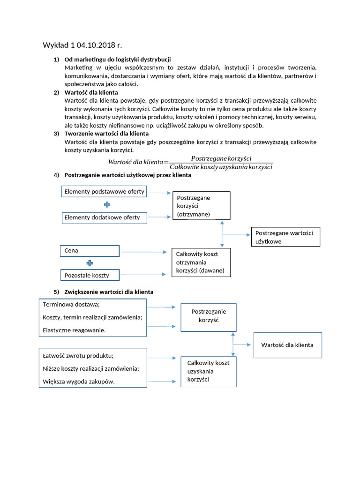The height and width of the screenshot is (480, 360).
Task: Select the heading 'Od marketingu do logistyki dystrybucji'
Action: [x=118, y=60]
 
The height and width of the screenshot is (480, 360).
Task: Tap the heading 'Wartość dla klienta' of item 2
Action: [x=91, y=93]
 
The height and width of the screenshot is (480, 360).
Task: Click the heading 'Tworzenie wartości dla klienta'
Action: [x=106, y=134]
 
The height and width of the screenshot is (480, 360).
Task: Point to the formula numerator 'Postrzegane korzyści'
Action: [x=221, y=158]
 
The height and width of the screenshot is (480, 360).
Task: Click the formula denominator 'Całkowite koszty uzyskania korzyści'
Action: [x=221, y=167]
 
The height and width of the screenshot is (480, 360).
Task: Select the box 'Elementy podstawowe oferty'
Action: [x=105, y=191]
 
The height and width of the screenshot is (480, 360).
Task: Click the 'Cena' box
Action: [x=90, y=251]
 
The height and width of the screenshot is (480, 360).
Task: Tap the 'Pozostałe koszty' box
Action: [x=90, y=275]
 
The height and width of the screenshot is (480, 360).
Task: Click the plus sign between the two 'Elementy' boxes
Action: [x=107, y=204]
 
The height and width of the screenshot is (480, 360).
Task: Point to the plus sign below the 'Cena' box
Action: [x=90, y=263]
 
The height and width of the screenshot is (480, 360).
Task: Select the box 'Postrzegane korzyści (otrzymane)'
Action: [x=202, y=206]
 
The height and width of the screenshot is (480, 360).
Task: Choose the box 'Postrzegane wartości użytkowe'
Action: [x=286, y=237]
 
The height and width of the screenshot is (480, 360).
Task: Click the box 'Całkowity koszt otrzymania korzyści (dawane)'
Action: [x=202, y=262]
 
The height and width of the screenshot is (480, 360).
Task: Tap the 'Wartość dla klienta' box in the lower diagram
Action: [x=287, y=345]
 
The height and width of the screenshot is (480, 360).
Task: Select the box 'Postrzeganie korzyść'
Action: [x=209, y=317]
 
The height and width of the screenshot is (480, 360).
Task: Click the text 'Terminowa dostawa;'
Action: [x=68, y=304]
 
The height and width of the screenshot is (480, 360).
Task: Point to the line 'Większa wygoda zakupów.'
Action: [x=79, y=382]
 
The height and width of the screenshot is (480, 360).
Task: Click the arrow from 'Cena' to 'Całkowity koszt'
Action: [x=143, y=252]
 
